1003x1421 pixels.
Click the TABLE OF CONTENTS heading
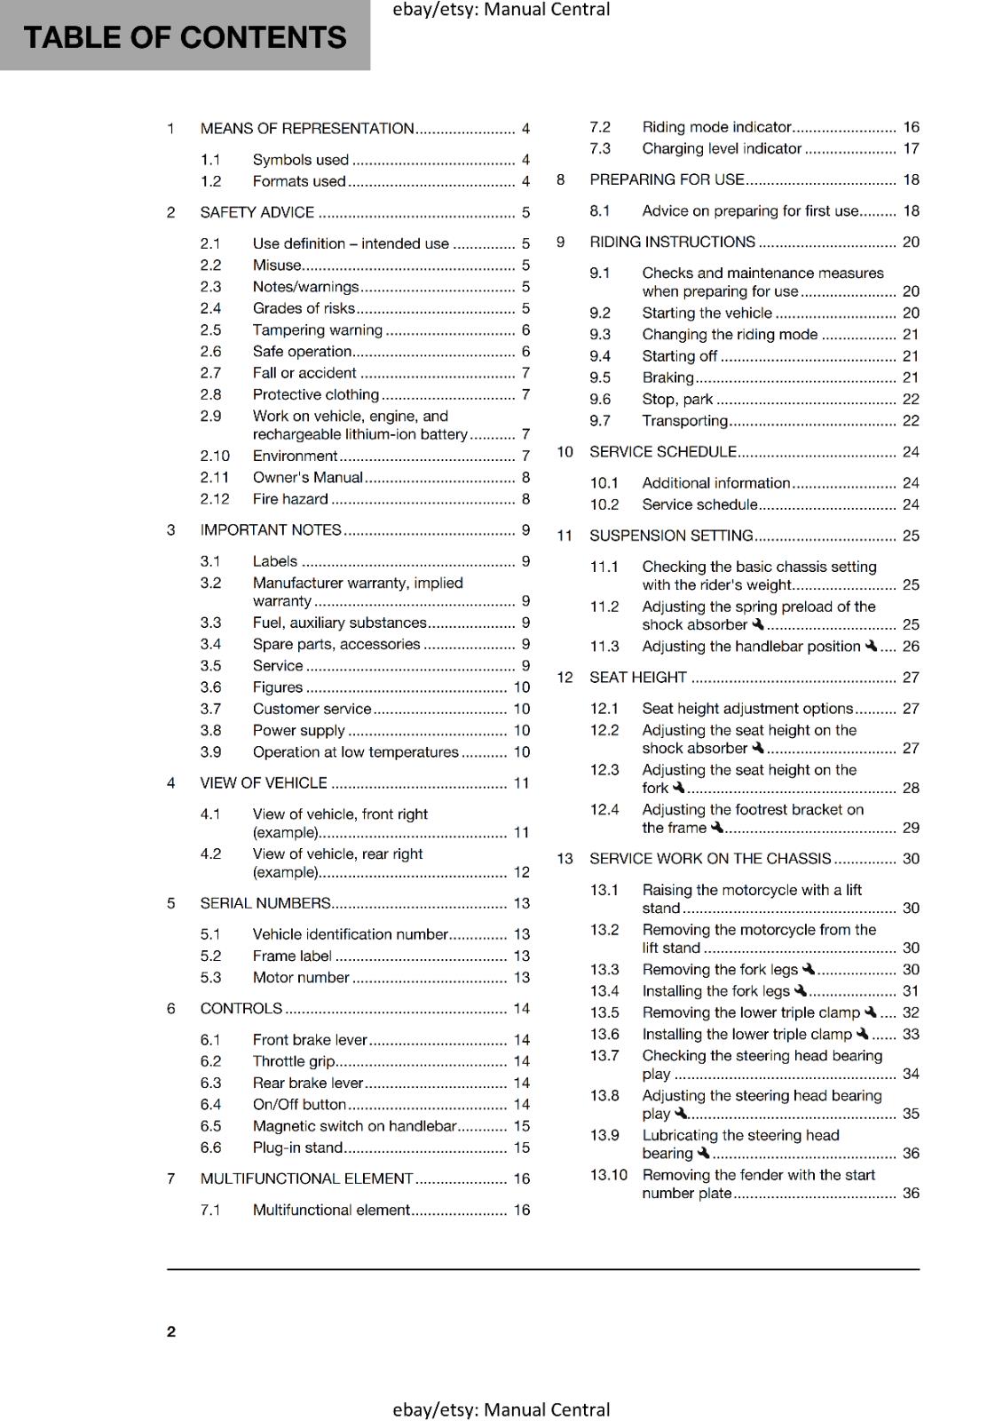coord(185,37)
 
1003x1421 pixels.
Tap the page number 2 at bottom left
coord(171,1331)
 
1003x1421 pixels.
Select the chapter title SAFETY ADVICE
coord(257,212)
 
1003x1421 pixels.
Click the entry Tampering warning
coord(317,330)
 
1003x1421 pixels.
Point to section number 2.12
coord(215,499)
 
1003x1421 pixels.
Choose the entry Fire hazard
coord(289,499)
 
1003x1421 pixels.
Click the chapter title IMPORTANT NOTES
coord(271,530)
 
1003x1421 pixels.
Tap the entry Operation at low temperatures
coord(355,752)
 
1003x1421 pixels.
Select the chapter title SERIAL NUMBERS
coord(265,903)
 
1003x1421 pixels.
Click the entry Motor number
coord(301,978)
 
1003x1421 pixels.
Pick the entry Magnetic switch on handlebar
coord(354,1126)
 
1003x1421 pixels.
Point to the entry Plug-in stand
coord(297,1147)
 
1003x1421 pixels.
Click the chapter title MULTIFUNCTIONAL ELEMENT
coord(306,1179)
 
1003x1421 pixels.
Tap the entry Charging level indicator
coord(722,149)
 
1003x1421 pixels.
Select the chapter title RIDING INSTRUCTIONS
coord(672,242)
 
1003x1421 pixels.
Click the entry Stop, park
coord(677,400)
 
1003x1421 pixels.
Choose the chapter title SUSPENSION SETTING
coord(671,536)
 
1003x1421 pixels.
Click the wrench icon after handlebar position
coord(871,647)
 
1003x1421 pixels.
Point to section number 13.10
coord(608,1175)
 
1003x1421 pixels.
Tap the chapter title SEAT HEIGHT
coord(638,678)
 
